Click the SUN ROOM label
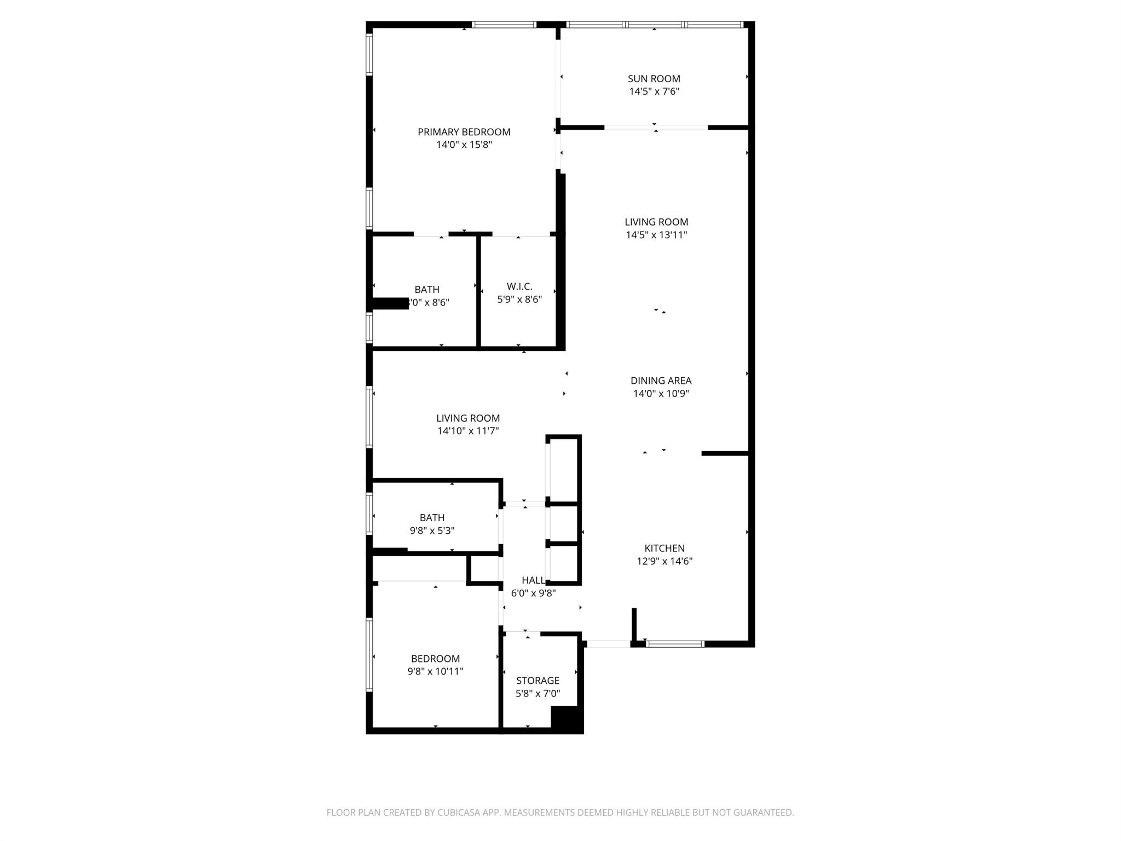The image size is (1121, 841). point(654,79)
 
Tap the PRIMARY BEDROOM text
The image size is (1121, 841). point(464,132)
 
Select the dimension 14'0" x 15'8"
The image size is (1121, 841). point(464,145)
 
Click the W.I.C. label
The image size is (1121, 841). point(519,286)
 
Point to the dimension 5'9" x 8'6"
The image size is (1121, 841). point(519,299)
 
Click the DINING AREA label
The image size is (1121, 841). point(661,381)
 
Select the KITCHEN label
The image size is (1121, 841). point(664,548)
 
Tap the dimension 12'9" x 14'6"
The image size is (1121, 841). point(664,561)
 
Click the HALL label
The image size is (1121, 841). point(533,580)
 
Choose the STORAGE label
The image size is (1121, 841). point(538,681)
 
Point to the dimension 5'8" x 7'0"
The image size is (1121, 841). point(538,694)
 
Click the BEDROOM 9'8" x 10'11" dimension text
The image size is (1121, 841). point(435,672)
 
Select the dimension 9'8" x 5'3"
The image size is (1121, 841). point(432,531)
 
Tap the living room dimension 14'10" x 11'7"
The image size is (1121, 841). point(467,431)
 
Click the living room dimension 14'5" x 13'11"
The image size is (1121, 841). point(656,235)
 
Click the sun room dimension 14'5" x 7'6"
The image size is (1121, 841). point(654,92)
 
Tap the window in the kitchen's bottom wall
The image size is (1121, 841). point(675,644)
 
